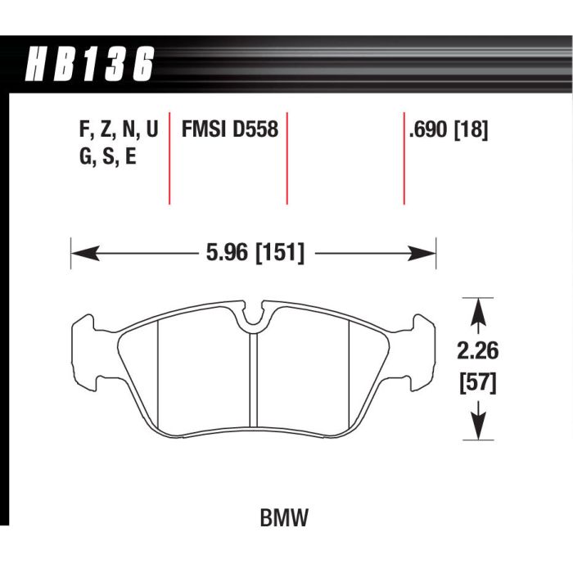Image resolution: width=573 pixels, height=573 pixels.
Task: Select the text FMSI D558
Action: pyautogui.click(x=229, y=130)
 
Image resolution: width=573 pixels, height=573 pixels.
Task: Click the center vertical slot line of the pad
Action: pyautogui.click(x=255, y=385)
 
